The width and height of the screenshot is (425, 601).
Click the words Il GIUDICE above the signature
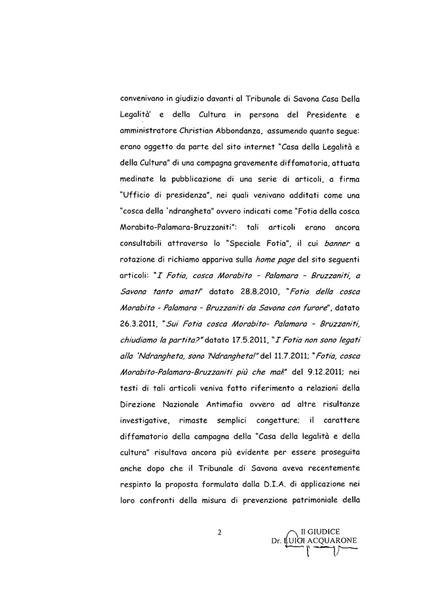320,532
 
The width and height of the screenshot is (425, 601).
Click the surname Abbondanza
239,131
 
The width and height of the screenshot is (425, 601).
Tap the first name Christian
192,131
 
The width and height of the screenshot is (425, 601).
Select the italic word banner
337,244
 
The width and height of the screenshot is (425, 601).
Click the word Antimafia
224,404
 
